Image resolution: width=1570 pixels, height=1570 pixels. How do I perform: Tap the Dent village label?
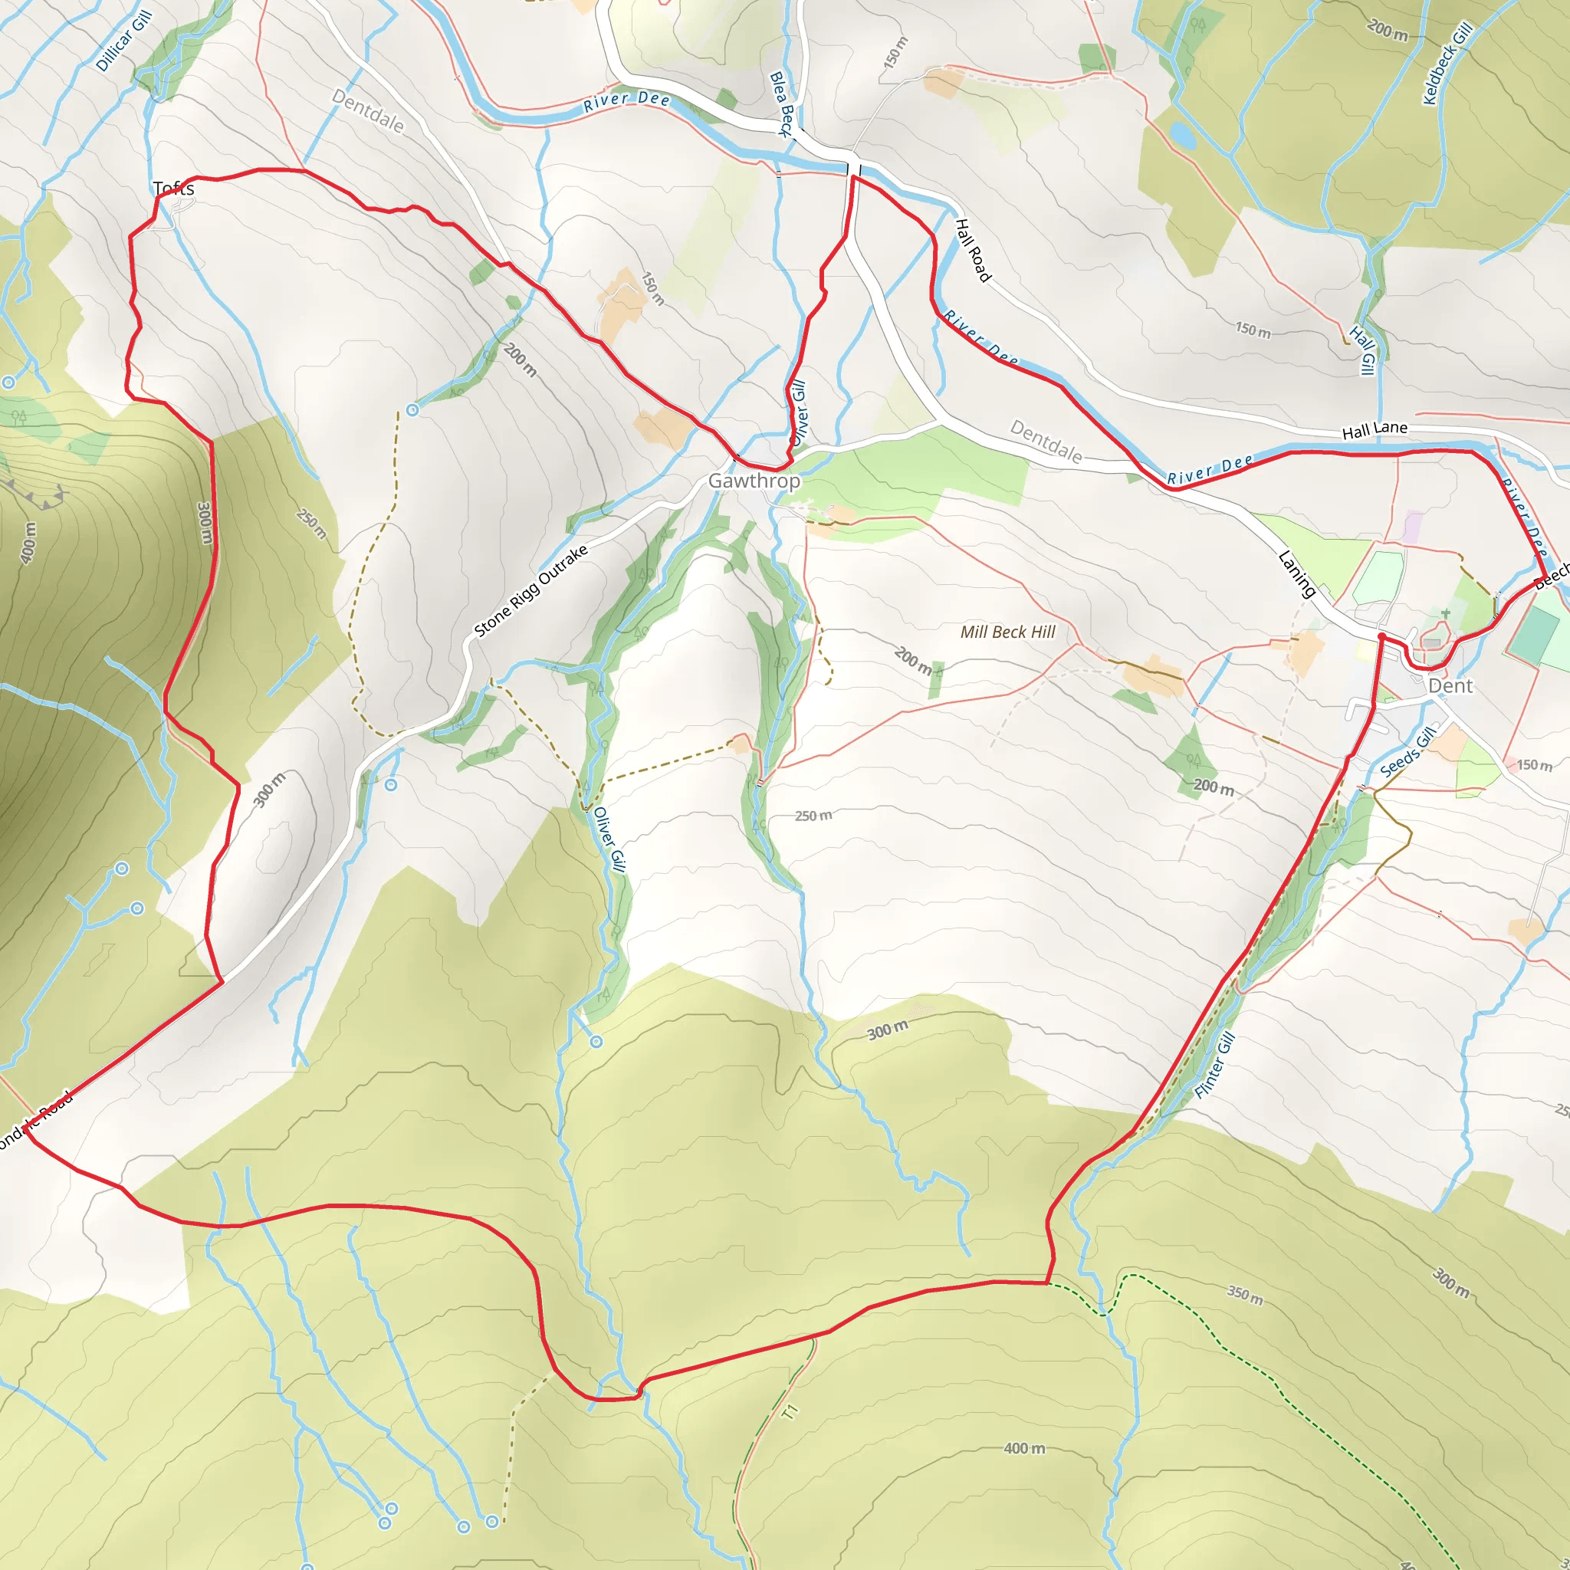[x=1450, y=686]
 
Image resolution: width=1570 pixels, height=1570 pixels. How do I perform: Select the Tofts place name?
[x=174, y=189]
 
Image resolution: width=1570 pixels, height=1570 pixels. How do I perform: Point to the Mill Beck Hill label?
[x=1007, y=632]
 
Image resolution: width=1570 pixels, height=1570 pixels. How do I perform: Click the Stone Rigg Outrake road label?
[x=530, y=591]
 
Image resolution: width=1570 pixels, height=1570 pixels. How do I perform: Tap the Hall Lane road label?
[x=1375, y=430]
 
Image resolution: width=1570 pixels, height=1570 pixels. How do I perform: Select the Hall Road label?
[x=973, y=250]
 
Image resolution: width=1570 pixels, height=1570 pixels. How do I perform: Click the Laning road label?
[x=1297, y=573]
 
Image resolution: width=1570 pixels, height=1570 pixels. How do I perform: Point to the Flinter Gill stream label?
[x=1215, y=1066]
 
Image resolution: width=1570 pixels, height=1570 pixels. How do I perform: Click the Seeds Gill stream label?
[x=1408, y=752]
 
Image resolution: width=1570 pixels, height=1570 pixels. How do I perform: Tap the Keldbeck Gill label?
[x=1447, y=64]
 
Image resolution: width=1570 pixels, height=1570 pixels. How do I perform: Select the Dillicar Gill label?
[x=123, y=41]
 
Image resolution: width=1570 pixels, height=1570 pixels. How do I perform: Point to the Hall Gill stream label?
[x=1363, y=350]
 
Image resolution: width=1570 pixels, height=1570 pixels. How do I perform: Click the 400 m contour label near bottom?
[x=1024, y=1448]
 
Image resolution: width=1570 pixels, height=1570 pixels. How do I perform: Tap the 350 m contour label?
[x=1245, y=1295]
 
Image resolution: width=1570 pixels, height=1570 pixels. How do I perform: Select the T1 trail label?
[x=790, y=1411]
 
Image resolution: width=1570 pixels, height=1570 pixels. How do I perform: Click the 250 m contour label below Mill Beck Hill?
[x=813, y=815]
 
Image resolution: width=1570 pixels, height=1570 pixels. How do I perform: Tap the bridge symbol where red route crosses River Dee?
[x=854, y=169]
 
